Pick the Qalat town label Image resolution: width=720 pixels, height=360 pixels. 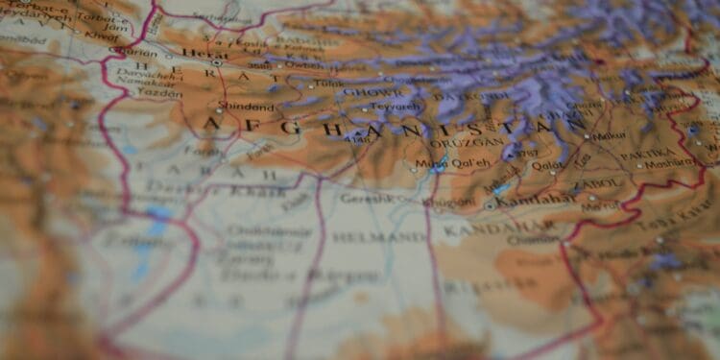tap(547, 164)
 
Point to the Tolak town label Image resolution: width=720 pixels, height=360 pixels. tap(328, 84)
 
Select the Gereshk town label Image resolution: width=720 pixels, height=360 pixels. tap(366, 198)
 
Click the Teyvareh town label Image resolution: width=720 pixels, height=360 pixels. tap(395, 107)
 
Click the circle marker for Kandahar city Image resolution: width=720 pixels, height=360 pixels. tap(492, 205)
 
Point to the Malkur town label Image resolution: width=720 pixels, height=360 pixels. tap(609, 136)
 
